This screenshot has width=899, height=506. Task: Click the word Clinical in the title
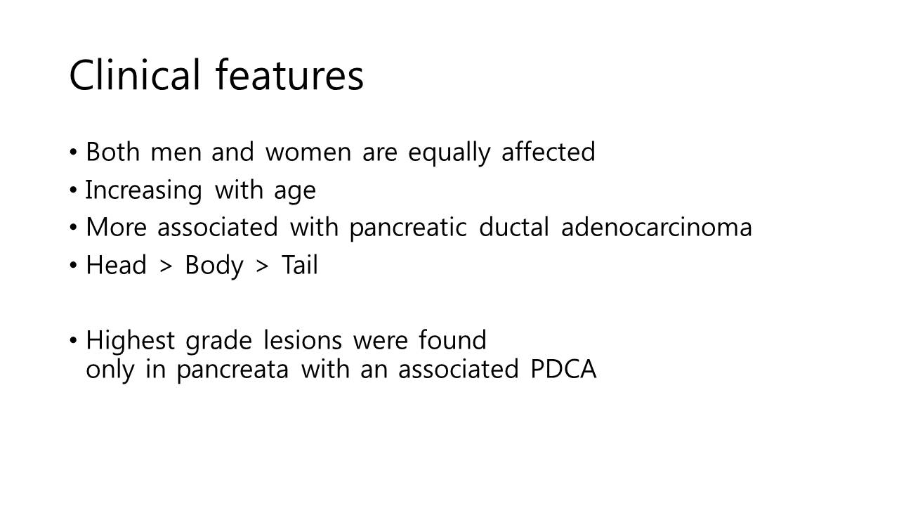134,74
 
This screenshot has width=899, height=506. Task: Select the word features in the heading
289,74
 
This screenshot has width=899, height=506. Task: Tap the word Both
113,152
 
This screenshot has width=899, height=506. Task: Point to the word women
308,153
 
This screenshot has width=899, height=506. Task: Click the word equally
449,153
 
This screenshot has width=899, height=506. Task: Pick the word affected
548,152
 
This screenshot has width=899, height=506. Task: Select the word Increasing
143,190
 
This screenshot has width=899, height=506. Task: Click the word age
295,192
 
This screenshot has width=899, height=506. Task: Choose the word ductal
513,227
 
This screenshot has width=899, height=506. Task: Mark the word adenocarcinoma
656,227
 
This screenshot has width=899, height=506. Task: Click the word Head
117,265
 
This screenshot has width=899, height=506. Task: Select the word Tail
300,265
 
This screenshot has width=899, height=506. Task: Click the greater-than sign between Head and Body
166,266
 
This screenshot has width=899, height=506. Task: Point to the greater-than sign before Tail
262,266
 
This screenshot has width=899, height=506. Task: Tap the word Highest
130,341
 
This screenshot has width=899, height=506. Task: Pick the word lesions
303,340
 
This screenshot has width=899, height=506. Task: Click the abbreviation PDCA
563,369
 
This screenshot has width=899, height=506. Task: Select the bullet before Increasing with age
73,190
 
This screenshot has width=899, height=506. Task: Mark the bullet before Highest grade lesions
73,341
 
